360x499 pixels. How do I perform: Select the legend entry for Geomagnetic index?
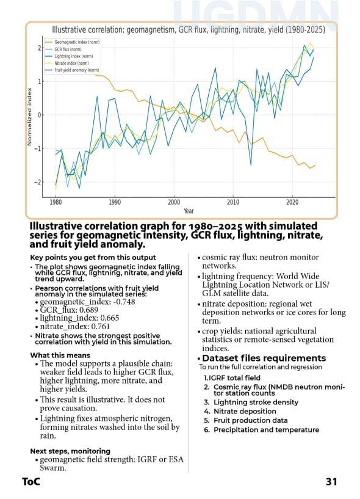75,42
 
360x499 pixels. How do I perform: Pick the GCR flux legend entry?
69,49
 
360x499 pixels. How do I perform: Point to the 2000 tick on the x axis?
174,202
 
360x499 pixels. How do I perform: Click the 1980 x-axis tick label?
56,202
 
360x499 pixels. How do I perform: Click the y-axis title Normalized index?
29,116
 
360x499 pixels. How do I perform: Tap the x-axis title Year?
189,211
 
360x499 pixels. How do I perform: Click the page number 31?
331,482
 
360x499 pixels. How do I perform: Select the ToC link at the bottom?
31,482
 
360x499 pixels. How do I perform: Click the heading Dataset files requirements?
264,359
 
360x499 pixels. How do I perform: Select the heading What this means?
60,355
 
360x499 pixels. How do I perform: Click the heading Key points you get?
93,258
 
